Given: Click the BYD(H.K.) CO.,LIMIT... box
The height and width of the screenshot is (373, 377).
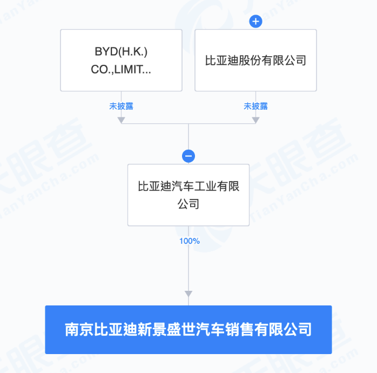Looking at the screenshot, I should click(121, 60).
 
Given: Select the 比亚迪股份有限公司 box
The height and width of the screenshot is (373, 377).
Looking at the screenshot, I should click(255, 60).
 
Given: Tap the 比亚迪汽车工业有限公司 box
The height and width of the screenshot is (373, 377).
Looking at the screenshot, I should click(188, 195).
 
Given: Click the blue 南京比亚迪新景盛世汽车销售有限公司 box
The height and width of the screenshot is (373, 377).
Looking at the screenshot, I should click(188, 329).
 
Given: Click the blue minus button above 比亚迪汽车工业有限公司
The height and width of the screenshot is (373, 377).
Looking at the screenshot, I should click(188, 156).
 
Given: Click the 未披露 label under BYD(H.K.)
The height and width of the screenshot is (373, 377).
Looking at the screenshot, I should click(121, 106).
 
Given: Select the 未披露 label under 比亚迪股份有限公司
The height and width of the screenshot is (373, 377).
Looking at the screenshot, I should click(255, 106).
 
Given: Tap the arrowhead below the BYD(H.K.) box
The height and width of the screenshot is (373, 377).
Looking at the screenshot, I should click(121, 120).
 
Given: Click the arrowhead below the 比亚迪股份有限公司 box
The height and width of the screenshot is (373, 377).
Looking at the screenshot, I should click(255, 120).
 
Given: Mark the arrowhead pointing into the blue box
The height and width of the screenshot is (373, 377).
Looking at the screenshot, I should click(188, 294).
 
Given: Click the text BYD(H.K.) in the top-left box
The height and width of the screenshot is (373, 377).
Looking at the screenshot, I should click(121, 52).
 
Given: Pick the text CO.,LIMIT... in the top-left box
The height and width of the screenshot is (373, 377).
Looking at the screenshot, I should click(121, 69).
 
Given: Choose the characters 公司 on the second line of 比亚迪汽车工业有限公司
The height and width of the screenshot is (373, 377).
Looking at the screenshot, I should click(188, 204).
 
